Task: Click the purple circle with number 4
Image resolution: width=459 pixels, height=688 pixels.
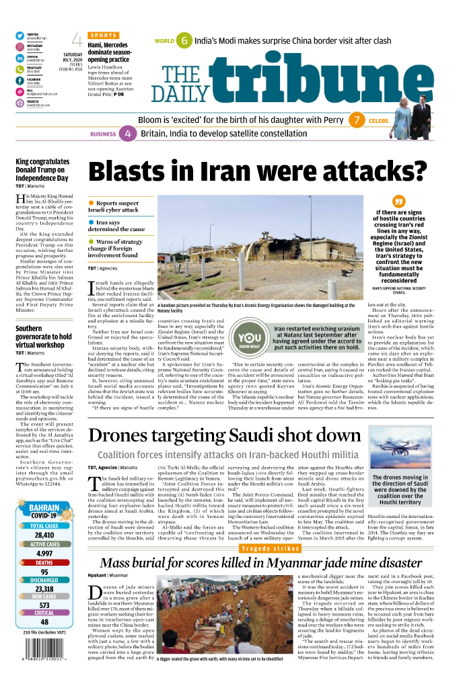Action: click(128, 134)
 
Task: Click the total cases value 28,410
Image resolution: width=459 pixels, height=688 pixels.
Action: click(44, 535)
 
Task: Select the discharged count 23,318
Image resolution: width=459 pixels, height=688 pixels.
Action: click(44, 589)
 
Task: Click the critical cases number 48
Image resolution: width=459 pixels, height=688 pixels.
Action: click(44, 622)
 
